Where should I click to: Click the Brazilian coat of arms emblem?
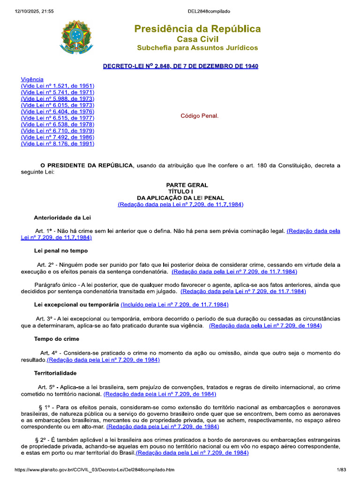pos(76,37)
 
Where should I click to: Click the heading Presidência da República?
pos(197,29)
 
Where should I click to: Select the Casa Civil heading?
pos(197,39)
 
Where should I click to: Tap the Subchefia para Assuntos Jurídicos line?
pos(197,48)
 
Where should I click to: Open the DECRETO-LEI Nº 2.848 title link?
pos(180,66)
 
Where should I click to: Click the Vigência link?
pos(32,79)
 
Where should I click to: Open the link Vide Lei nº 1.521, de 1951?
pos(58,86)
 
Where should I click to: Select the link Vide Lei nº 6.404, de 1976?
pos(58,112)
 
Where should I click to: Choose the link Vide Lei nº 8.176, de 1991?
pos(58,144)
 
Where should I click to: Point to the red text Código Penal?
pos(200,116)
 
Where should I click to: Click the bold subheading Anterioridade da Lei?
pos(62,217)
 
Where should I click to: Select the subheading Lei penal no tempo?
pos(61,251)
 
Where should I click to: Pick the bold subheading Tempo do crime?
pos(57,339)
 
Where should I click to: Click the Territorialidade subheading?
pos(55,373)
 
